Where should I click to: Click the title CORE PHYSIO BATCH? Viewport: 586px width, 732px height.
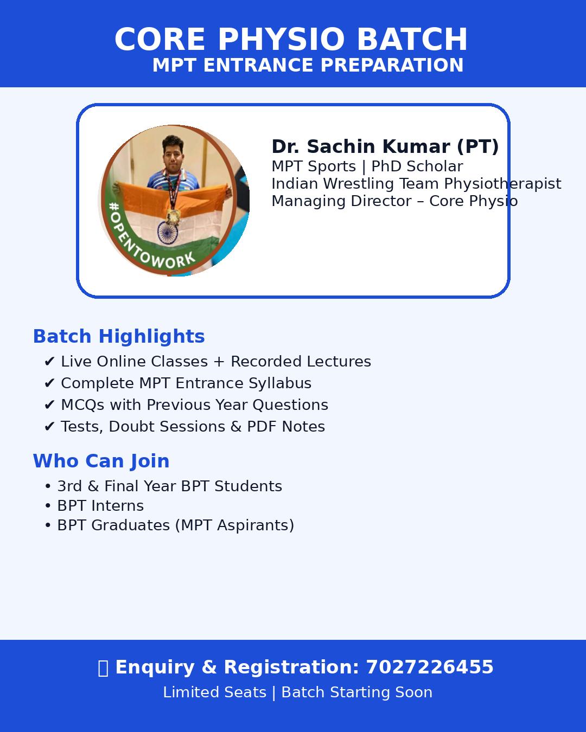(x=291, y=40)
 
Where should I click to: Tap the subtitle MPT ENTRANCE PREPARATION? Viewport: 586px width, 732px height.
(x=308, y=65)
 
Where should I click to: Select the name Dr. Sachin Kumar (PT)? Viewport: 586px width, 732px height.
(x=385, y=146)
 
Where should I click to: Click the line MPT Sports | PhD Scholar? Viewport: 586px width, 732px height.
(x=367, y=166)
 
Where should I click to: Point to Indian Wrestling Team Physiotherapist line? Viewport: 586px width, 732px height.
(x=416, y=184)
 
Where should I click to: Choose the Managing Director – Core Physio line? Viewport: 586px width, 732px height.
(x=394, y=201)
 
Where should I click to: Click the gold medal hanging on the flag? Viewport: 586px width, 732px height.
(x=173, y=216)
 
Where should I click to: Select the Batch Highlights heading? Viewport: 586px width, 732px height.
(x=119, y=336)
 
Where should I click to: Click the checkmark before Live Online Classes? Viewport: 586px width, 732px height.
(x=49, y=362)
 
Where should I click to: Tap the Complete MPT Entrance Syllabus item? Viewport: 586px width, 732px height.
(x=186, y=383)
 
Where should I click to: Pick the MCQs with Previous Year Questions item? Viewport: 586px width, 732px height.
(x=194, y=405)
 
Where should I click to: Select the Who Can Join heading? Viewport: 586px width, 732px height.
(x=101, y=461)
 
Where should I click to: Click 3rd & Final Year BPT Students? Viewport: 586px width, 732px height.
(x=169, y=486)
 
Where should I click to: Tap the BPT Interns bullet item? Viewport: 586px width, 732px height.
(x=100, y=506)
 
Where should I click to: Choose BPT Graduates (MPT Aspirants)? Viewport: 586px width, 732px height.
(x=175, y=525)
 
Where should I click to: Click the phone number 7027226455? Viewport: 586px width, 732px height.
(x=429, y=667)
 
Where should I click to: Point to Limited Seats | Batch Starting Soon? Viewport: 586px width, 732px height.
(x=297, y=692)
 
